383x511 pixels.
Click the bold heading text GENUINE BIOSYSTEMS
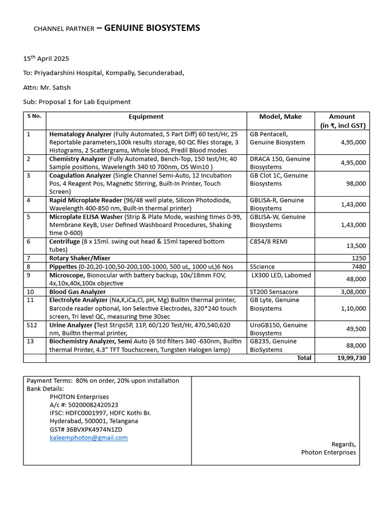[152, 28]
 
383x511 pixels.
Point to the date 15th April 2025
[46, 58]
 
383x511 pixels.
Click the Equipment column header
[146, 117]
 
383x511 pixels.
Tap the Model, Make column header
[280, 117]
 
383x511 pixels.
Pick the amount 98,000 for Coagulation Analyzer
[357, 184]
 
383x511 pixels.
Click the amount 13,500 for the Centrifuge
[357, 246]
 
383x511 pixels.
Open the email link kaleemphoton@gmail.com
[89, 438]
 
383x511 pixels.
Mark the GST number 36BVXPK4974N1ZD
[86, 429]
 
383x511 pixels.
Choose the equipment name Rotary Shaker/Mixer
[80, 258]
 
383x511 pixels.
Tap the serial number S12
[31, 325]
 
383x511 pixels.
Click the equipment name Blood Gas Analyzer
[77, 292]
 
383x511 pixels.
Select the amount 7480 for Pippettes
[359, 267]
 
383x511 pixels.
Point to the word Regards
[344, 444]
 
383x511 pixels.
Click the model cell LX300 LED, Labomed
[281, 275]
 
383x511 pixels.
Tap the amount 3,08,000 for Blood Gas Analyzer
[354, 292]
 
